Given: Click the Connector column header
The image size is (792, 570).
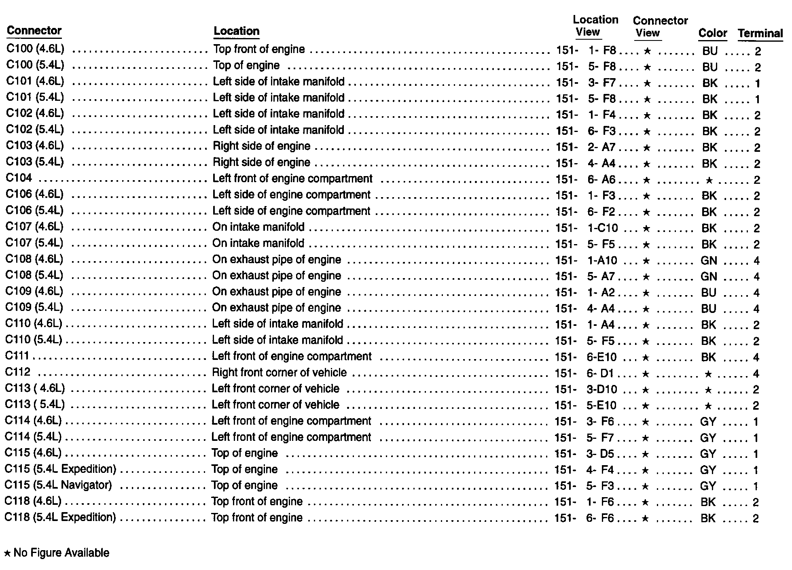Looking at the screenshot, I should coord(34,31).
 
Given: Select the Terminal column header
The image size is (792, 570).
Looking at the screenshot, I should coord(760,33).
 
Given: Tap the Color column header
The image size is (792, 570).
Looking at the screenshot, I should coord(712,33).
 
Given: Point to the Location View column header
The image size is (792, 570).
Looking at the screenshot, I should coord(595,26).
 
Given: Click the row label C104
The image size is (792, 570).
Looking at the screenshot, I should coord(19,178).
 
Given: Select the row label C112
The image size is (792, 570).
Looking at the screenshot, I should coord(18,372).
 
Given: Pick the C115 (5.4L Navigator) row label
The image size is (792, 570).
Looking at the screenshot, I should coord(58,485).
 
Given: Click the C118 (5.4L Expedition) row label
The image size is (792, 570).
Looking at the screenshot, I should coord(60,517).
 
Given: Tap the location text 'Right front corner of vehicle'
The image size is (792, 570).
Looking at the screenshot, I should coord(279,372).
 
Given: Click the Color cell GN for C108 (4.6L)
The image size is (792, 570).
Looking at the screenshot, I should coord(709,261).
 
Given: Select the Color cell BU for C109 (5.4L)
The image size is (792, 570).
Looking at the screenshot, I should coord(709,309).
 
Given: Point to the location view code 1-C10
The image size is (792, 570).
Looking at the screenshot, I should coord(602,228).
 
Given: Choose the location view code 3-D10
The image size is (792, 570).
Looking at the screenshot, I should coord(601,389).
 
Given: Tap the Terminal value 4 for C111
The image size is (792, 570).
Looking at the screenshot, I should coord(756,357).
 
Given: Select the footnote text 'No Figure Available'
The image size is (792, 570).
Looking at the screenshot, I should coord(61,553).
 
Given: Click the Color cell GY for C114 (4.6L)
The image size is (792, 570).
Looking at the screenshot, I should coord(708,422).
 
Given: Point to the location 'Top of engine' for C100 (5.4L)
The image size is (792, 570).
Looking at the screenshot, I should coord(246,66).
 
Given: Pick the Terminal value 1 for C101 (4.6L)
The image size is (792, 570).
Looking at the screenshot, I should coord(757,84).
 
